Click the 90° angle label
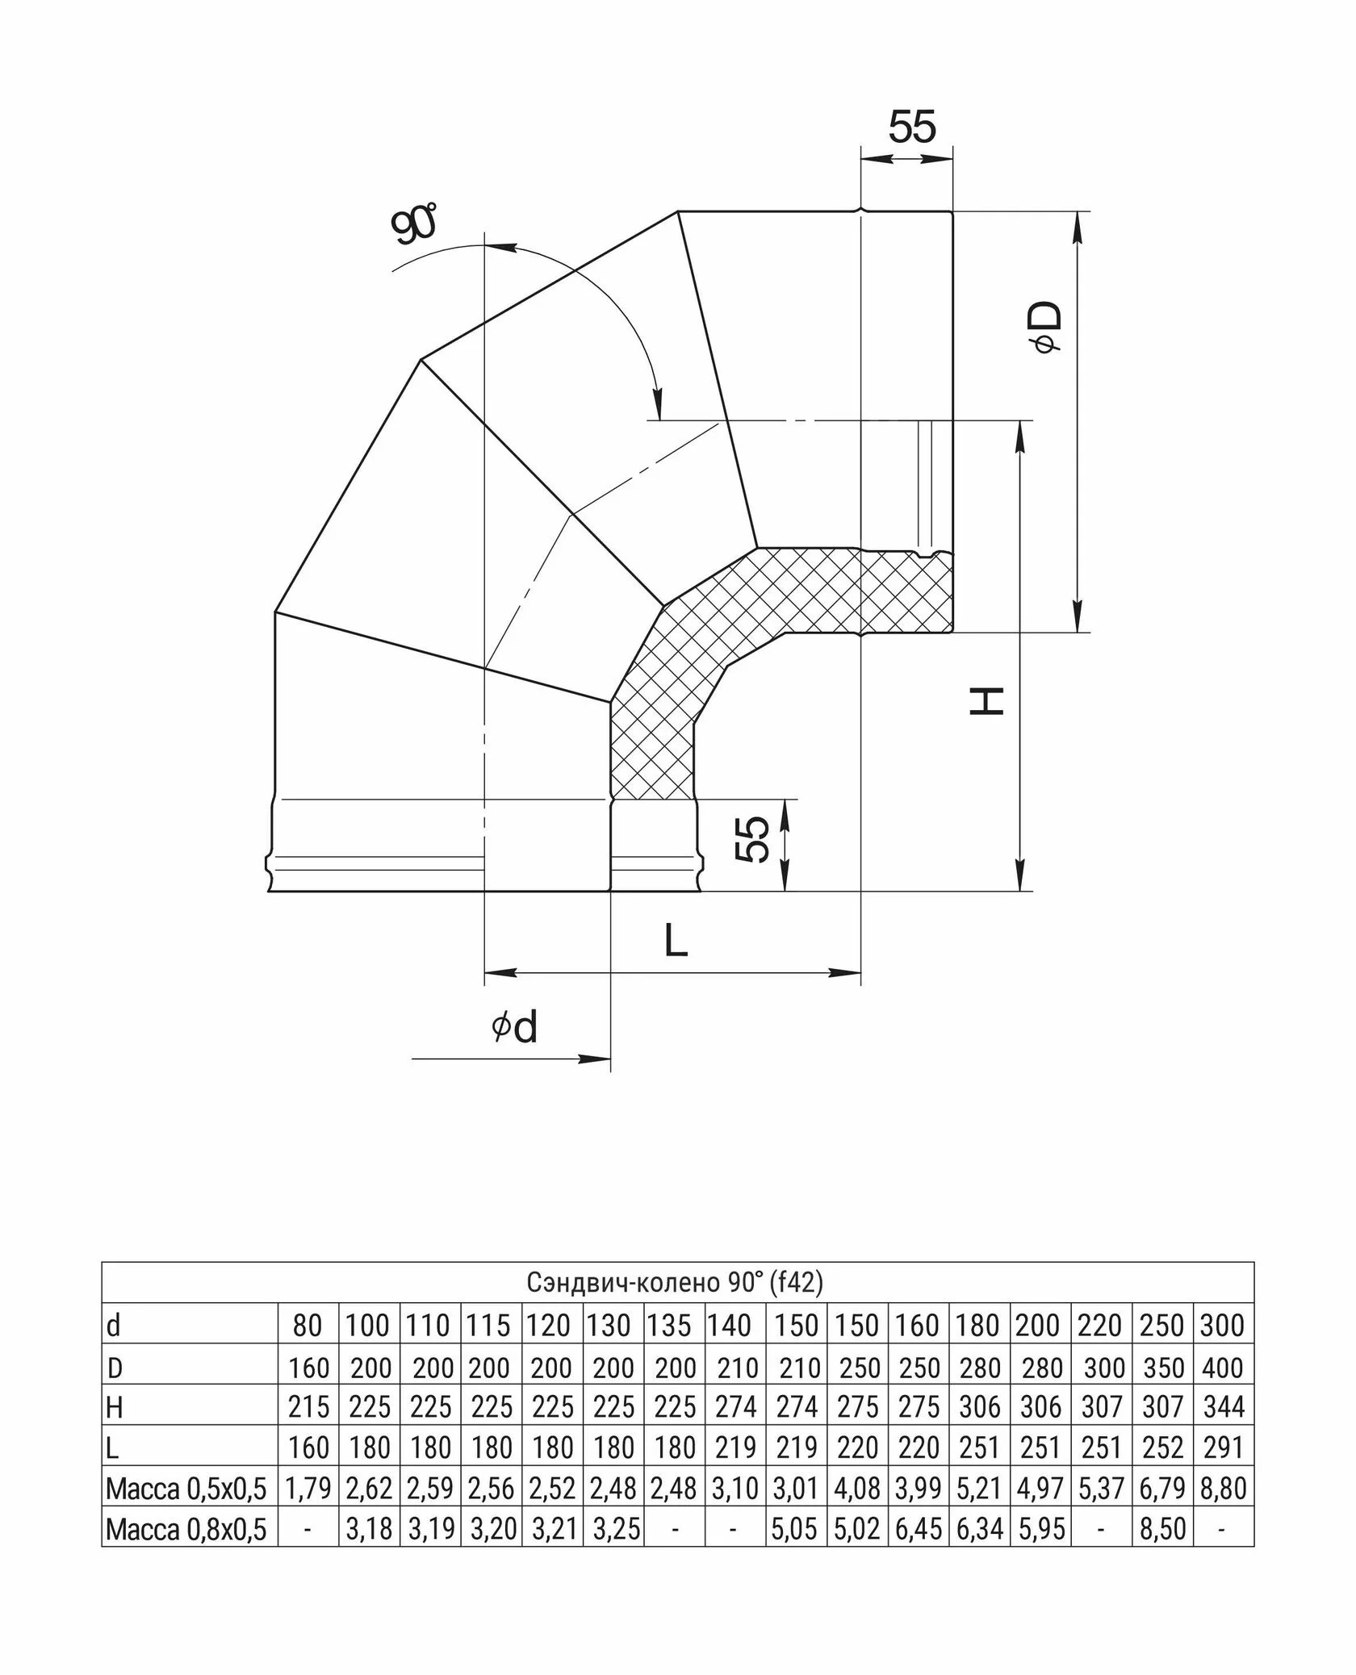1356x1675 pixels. (x=413, y=225)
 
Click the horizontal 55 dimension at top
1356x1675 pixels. (x=912, y=127)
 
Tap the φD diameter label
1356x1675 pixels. (x=1046, y=328)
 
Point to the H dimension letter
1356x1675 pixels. (x=986, y=700)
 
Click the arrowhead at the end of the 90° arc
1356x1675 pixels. (x=659, y=403)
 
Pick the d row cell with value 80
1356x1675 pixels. (x=308, y=1326)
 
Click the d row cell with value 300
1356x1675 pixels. (x=1222, y=1326)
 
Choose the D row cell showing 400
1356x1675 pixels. (x=1222, y=1368)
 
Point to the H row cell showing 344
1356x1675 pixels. (x=1224, y=1407)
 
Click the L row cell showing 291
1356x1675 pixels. (x=1224, y=1447)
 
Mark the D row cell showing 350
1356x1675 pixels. (x=1162, y=1368)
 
